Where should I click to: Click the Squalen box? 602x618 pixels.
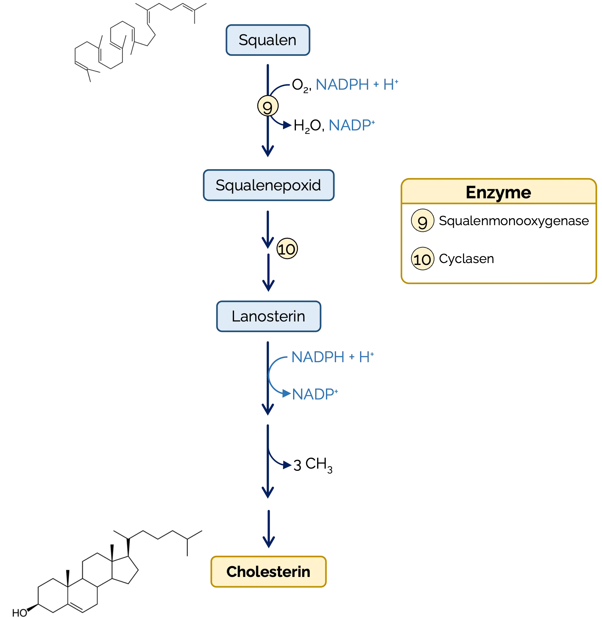(268, 40)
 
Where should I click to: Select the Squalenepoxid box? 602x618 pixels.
(269, 185)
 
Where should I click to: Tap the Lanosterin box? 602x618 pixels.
(269, 316)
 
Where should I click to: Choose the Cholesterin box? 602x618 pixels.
(268, 572)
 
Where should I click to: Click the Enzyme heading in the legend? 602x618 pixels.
(498, 193)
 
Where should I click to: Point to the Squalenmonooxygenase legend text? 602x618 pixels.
(514, 221)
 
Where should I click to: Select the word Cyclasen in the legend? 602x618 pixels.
(467, 259)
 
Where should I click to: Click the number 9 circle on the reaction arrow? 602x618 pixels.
(268, 106)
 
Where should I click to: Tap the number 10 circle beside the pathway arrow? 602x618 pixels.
(287, 249)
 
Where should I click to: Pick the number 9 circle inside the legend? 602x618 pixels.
(422, 221)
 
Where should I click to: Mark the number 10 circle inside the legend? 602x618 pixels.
(422, 259)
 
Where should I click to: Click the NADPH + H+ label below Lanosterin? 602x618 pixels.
(333, 357)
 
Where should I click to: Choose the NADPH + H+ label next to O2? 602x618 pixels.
(357, 85)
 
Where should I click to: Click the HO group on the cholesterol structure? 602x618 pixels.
(20, 613)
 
